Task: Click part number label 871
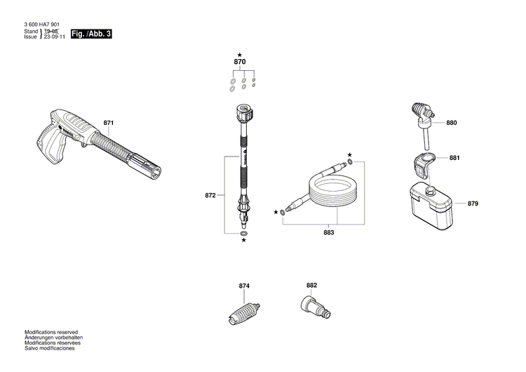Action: click(108, 124)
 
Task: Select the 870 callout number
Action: click(240, 62)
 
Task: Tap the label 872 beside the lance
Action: click(210, 196)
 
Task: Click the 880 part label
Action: click(451, 123)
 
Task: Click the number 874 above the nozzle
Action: click(243, 286)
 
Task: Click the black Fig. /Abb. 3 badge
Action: click(91, 33)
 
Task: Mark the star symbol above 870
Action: click(240, 54)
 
